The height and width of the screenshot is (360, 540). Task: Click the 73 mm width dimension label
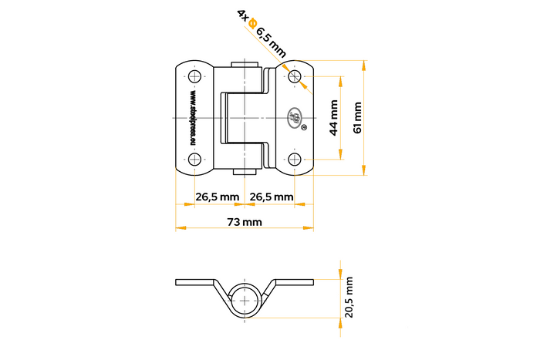point(245,222)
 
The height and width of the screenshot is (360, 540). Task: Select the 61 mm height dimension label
point(356,117)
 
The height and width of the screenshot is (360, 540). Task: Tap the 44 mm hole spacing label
point(333,117)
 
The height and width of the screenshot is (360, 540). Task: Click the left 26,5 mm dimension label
point(217,197)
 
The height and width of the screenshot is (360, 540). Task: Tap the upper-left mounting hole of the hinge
point(194,76)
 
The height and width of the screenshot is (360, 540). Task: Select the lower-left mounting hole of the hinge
point(194,159)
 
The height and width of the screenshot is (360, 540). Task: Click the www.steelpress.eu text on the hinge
point(191,117)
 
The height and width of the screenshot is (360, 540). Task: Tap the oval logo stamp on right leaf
point(295,117)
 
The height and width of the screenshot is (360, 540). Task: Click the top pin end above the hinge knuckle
point(245,63)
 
